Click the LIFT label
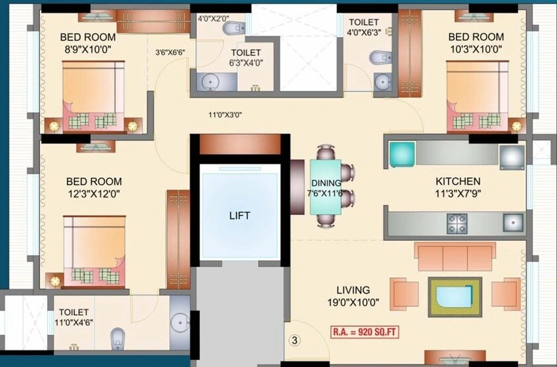coord(240,215)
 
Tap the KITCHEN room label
coord(458,181)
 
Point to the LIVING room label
coord(353,290)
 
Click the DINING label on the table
coord(326,183)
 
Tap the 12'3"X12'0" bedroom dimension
coord(93,194)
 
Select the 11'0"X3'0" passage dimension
coord(225,115)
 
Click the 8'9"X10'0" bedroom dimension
coord(87,49)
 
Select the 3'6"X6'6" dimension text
coord(170,52)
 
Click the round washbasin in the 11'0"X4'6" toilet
coord(179,323)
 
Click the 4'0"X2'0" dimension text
coord(213,19)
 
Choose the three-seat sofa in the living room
coord(454,256)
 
